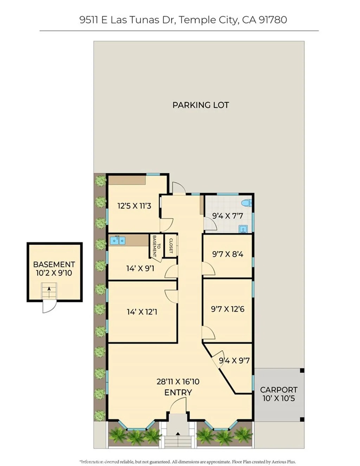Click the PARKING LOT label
click(200, 105)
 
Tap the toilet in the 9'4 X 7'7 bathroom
click(247, 203)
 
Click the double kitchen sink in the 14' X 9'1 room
click(117, 241)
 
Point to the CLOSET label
click(171, 245)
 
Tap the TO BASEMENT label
click(156, 246)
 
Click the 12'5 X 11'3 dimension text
click(134, 206)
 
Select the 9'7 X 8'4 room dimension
click(227, 254)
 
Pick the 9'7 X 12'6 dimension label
click(227, 309)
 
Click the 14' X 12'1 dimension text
click(142, 312)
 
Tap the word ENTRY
click(178, 392)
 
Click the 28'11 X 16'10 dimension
click(178, 382)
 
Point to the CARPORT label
click(278, 390)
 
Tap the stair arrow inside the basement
click(49, 289)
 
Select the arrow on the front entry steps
click(178, 434)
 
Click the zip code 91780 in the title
click(273, 20)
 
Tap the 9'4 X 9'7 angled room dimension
click(234, 360)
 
